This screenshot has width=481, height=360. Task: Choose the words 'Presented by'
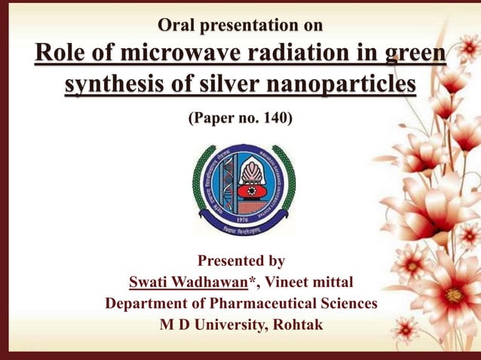(240, 261)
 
